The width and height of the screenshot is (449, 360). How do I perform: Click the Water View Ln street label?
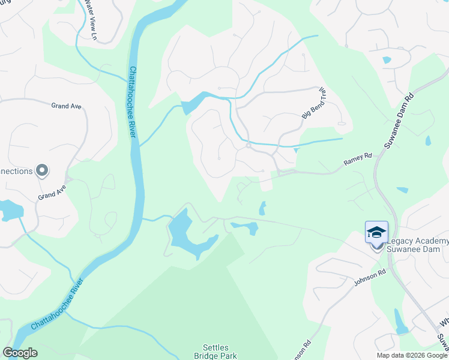91,16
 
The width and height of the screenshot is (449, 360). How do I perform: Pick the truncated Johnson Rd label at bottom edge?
304,350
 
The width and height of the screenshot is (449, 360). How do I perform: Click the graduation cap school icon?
376,232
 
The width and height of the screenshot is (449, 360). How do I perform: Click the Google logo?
20,353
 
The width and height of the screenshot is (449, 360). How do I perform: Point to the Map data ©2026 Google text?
412,355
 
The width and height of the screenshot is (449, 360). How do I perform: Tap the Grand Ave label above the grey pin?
66,106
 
